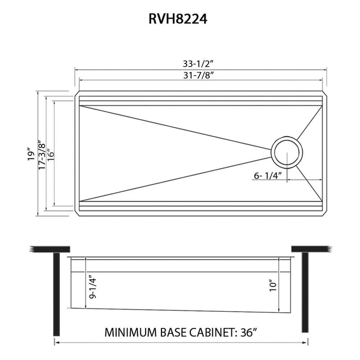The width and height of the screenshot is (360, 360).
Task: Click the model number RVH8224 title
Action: pos(179,20)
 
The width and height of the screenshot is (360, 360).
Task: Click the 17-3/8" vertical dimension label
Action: pos(42,153)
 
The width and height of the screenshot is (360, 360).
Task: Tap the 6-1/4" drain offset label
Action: pos(268,176)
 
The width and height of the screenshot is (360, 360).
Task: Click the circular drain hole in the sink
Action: pos(287,152)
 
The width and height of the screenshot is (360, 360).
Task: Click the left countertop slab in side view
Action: pos(49,249)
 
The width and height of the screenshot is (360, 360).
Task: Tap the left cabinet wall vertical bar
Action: pos(55,293)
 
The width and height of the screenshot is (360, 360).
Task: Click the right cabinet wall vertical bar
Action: pos(304,293)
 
